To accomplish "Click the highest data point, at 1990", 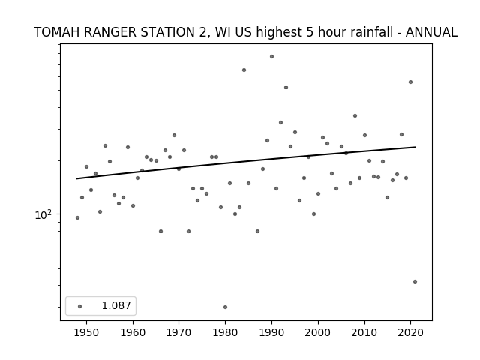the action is [x=271, y=57].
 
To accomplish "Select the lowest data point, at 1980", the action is [x=225, y=307].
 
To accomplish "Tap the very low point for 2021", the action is [x=415, y=282].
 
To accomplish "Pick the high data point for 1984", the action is [x=244, y=70].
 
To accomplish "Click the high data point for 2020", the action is [x=410, y=82].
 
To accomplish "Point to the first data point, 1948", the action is [x=77, y=218].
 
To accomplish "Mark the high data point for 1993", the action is [x=286, y=87].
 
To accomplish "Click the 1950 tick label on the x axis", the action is [x=87, y=332].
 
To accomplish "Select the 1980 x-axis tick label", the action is [x=225, y=332].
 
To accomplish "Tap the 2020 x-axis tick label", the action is [x=410, y=332].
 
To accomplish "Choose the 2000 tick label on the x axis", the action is [x=318, y=332].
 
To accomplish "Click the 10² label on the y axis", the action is [x=43, y=215].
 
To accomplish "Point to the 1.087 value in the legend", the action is [x=116, y=305].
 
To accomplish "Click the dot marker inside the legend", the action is [x=80, y=306].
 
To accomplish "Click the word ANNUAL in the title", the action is [x=431, y=32].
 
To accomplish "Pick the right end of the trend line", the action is [x=415, y=147].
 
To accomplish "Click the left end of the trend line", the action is [x=76, y=178].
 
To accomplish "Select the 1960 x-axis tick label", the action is [x=133, y=332].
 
